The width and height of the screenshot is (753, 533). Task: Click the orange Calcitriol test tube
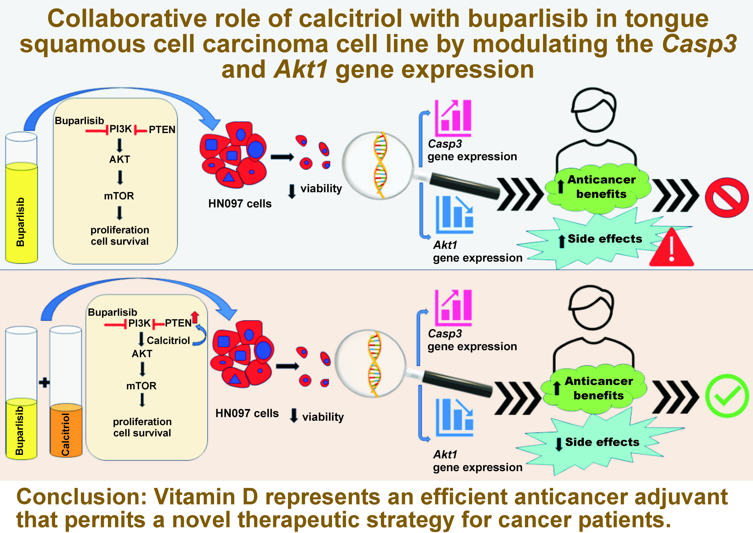[x=66, y=430]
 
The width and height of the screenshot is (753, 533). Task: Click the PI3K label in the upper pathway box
[x=121, y=129]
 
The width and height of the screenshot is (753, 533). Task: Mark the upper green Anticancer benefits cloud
[x=598, y=187]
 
